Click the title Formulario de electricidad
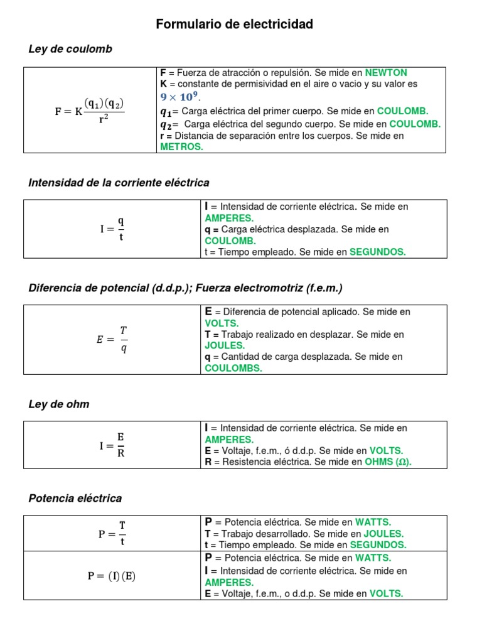[234, 24]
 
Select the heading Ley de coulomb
[70, 49]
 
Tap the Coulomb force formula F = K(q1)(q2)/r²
[90, 111]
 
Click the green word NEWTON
[386, 73]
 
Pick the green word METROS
[181, 146]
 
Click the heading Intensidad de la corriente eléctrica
[119, 183]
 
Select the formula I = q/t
[112, 229]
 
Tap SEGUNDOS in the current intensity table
[377, 252]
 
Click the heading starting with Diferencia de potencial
[186, 288]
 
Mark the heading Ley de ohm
[59, 404]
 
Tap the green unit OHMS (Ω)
[388, 462]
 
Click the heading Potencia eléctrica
[75, 499]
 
